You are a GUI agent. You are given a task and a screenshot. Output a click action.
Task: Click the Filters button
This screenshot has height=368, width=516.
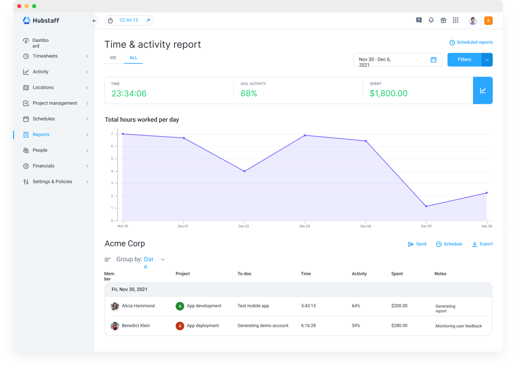pyautogui.click(x=464, y=59)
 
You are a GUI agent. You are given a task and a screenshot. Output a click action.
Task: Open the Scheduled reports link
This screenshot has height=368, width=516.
pyautogui.click(x=471, y=43)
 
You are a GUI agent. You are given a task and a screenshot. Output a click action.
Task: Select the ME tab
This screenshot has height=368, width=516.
pyautogui.click(x=113, y=58)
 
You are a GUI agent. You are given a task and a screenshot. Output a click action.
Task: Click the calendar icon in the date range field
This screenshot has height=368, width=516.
pyautogui.click(x=433, y=60)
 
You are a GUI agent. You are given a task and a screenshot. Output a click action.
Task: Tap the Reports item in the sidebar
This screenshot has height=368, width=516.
pyautogui.click(x=41, y=135)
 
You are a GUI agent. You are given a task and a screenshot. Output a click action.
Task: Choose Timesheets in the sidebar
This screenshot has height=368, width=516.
pyautogui.click(x=45, y=56)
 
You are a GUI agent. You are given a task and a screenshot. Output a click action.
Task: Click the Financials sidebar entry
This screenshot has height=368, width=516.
pyautogui.click(x=43, y=166)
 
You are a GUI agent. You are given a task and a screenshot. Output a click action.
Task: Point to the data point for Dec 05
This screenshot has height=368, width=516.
pyautogui.click(x=426, y=207)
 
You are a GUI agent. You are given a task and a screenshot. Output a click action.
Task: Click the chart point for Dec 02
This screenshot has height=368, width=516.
pyautogui.click(x=244, y=171)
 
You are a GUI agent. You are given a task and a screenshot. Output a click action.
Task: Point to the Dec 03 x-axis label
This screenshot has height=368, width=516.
pyautogui.click(x=305, y=226)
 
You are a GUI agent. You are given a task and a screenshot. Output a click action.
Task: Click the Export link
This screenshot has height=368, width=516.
pyautogui.click(x=482, y=244)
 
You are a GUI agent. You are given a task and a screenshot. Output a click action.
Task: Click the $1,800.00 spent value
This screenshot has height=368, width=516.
pyautogui.click(x=388, y=93)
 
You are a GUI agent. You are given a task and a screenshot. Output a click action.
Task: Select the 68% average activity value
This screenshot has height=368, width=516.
pyautogui.click(x=249, y=93)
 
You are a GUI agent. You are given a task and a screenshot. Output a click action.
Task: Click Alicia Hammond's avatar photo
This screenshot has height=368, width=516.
pyautogui.click(x=115, y=306)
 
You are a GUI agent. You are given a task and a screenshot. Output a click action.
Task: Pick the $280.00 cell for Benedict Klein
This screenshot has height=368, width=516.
pyautogui.click(x=399, y=325)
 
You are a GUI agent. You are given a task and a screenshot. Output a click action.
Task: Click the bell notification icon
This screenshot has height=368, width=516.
pyautogui.click(x=431, y=21)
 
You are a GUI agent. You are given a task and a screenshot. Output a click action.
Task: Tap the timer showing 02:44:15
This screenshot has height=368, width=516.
pyautogui.click(x=129, y=21)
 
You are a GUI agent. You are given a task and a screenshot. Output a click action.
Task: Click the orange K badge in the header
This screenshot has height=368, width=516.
pyautogui.click(x=488, y=21)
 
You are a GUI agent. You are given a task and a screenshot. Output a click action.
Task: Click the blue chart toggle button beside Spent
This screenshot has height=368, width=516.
pyautogui.click(x=483, y=90)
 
